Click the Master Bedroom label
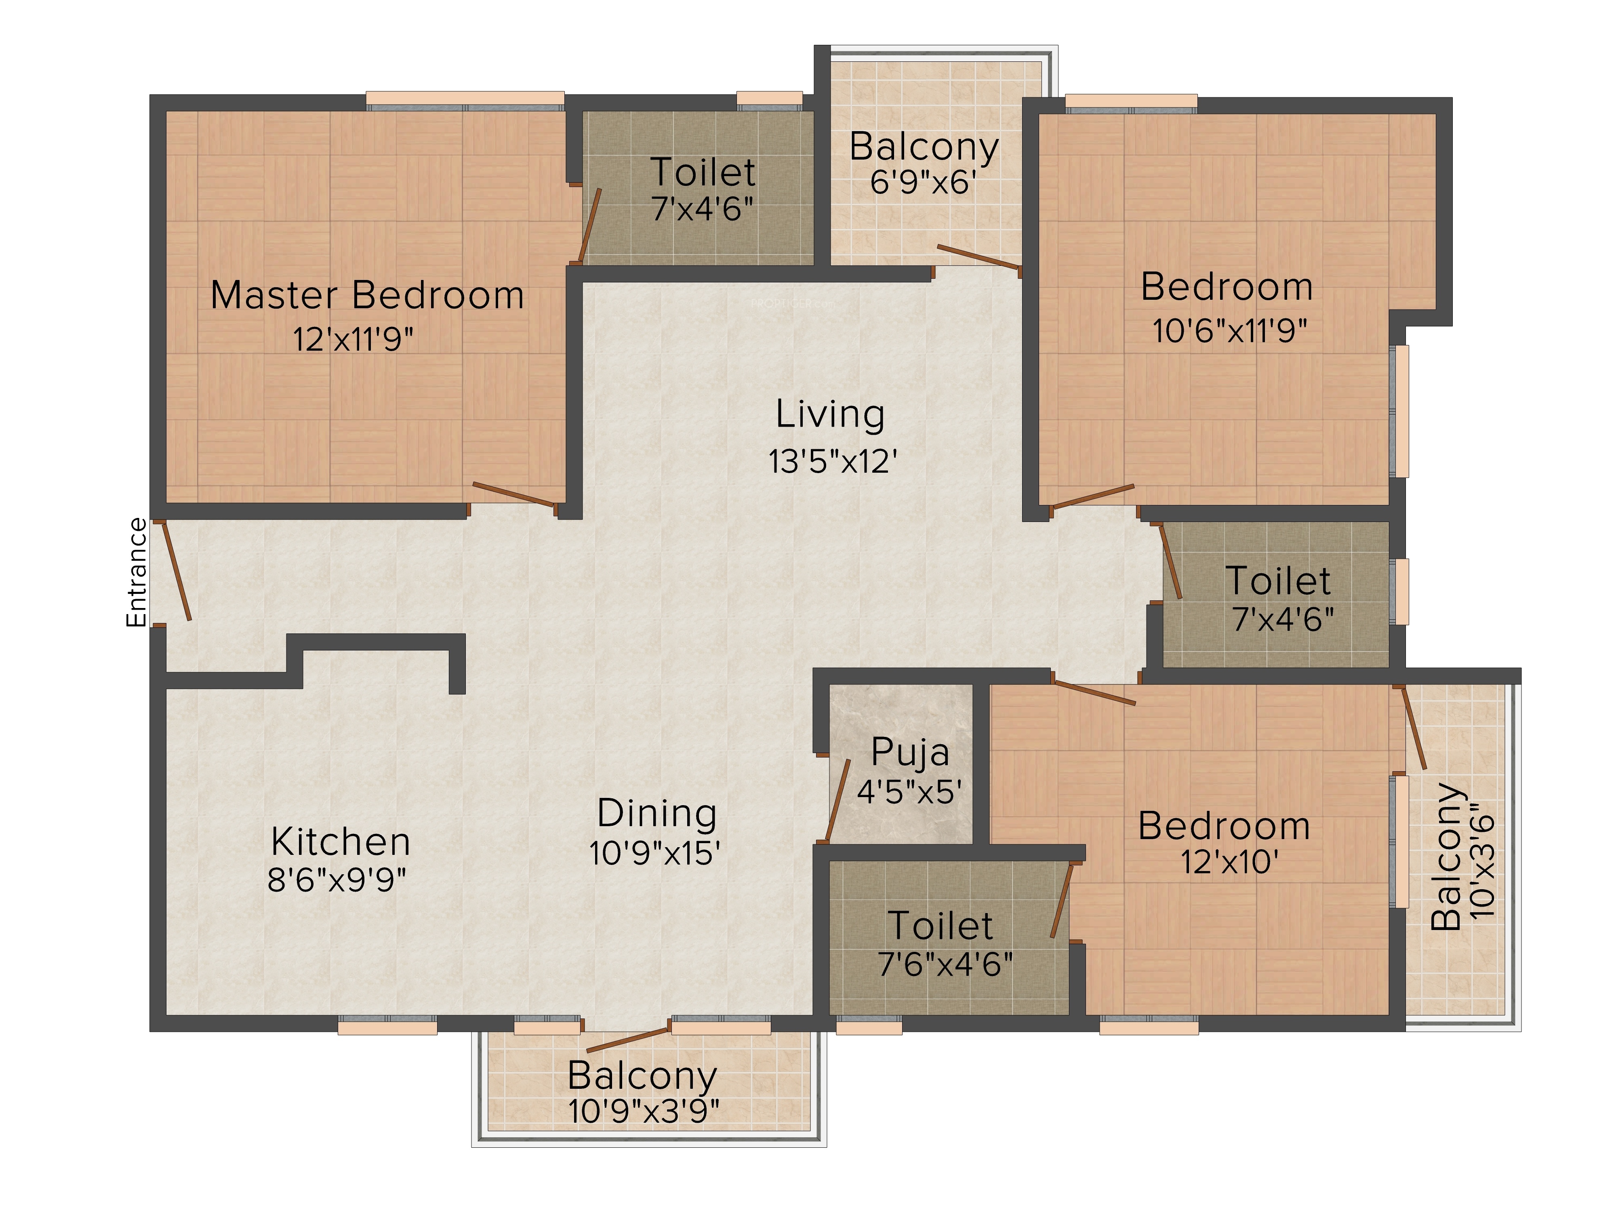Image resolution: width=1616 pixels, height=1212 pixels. pyautogui.click(x=368, y=295)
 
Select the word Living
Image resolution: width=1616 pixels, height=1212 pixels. pyautogui.click(x=830, y=415)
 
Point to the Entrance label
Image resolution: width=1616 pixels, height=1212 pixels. pyautogui.click(x=137, y=572)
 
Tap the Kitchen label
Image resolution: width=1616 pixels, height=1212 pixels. pyautogui.click(x=341, y=842)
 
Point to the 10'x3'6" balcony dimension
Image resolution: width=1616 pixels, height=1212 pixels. pyautogui.click(x=1481, y=862)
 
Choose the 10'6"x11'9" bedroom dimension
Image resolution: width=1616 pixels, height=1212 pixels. pyautogui.click(x=1229, y=330)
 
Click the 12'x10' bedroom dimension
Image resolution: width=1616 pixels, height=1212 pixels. pyautogui.click(x=1229, y=862)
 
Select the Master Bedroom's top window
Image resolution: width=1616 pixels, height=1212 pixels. pyautogui.click(x=465, y=101)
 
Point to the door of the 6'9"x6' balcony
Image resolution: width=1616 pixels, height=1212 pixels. pyautogui.click(x=979, y=258)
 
